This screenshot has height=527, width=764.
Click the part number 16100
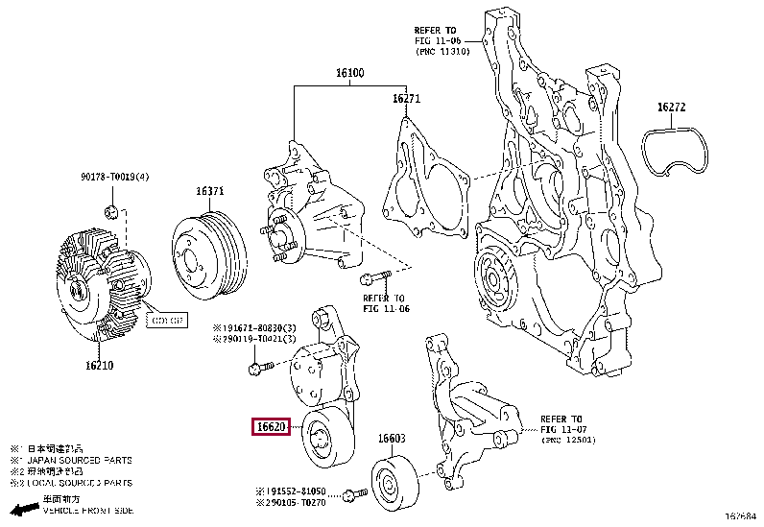[349, 74]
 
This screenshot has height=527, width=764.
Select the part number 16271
[406, 99]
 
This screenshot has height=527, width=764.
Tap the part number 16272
[671, 108]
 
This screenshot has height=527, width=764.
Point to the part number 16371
[210, 191]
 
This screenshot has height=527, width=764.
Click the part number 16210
[99, 366]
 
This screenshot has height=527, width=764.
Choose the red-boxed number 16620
[270, 427]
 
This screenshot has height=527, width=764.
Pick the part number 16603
[391, 439]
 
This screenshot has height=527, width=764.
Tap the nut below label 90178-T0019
[111, 211]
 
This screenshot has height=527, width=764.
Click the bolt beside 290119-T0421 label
[257, 367]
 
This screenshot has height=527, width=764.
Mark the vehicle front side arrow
[23, 509]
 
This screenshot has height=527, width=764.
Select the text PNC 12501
[569, 440]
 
